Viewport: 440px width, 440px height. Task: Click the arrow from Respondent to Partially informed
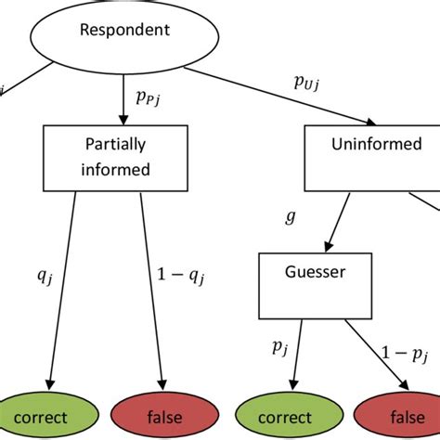tap(124, 99)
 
